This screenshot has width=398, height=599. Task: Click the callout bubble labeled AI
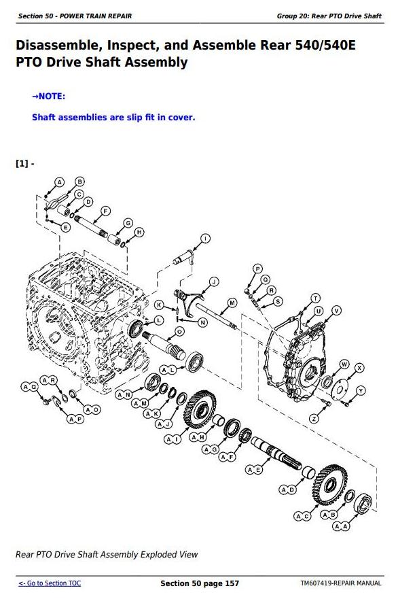[173, 440]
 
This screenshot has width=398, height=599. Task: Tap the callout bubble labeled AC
[302, 516]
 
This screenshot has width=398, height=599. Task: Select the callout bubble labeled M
[232, 303]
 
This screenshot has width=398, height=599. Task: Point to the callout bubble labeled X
[359, 368]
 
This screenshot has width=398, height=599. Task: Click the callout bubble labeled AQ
[29, 387]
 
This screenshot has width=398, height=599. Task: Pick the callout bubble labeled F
[105, 211]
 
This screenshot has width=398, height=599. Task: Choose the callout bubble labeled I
[205, 239]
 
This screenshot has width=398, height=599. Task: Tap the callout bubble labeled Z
[314, 419]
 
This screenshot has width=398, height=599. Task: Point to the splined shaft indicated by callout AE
[276, 453]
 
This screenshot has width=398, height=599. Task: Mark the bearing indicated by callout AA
[363, 504]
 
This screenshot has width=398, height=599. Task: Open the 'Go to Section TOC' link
[50, 583]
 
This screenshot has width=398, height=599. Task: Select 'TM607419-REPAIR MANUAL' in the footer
[341, 583]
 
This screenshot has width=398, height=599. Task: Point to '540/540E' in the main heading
[325, 45]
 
